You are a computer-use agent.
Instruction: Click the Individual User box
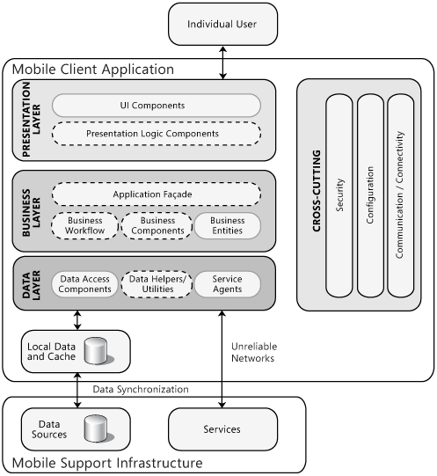222,25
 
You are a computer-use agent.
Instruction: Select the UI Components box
157,106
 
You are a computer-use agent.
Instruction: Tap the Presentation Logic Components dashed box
157,134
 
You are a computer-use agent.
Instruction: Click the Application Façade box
157,194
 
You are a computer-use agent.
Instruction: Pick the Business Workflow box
84,225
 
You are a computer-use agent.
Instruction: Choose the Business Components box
157,225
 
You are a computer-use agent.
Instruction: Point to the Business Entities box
228,225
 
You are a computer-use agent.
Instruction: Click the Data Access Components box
84,284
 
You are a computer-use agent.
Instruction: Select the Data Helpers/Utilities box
157,284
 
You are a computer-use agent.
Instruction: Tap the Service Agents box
228,284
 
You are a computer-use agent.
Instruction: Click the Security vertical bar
339,195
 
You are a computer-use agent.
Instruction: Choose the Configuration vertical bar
370,195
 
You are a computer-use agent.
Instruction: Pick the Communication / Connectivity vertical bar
401,195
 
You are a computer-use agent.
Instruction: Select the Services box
222,429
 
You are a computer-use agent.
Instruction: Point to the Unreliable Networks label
254,353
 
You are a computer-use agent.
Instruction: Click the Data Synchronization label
141,390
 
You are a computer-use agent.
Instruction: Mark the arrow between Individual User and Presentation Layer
223,62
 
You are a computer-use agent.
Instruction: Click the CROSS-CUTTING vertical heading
317,191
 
